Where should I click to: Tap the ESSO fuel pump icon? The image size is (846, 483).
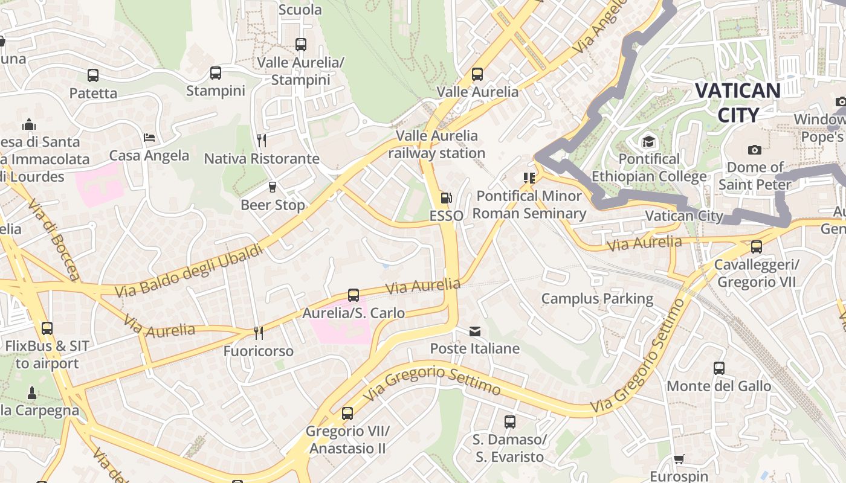[446, 198]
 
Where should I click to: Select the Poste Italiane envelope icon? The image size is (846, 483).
[475, 331]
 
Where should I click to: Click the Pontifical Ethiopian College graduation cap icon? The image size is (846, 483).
[648, 142]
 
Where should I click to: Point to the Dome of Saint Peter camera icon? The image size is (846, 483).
[755, 150]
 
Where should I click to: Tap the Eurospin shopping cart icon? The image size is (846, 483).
[679, 459]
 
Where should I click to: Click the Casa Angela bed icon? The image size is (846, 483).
[149, 138]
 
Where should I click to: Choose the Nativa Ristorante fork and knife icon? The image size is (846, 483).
[262, 141]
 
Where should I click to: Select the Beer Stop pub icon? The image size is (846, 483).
[273, 187]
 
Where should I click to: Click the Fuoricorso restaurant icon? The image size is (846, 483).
[258, 333]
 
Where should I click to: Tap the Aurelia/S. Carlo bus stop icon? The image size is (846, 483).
[354, 295]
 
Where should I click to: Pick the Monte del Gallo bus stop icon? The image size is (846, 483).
[719, 368]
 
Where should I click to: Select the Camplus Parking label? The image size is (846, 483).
[597, 299]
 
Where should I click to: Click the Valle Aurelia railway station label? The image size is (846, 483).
[436, 144]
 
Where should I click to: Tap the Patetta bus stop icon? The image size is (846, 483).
[93, 75]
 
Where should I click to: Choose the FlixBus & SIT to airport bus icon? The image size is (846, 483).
[47, 328]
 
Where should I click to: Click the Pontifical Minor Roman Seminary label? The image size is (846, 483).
[529, 205]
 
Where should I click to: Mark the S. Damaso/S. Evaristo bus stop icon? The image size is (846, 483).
[510, 422]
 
